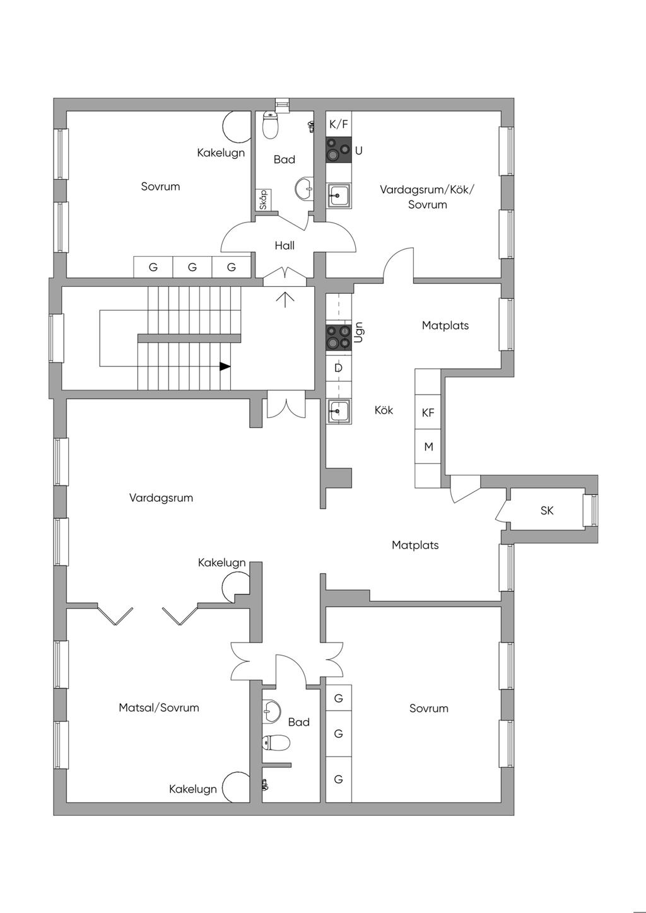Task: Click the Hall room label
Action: [285, 245]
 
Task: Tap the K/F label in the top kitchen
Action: [339, 124]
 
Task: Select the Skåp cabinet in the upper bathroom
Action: [264, 200]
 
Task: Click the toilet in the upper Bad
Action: [270, 124]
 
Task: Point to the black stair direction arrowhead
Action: [225, 366]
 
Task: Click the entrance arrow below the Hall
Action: [285, 299]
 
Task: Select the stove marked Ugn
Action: [339, 338]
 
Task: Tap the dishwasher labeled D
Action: [339, 368]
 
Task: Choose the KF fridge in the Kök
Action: [428, 412]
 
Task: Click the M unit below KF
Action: [428, 446]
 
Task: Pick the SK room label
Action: [547, 510]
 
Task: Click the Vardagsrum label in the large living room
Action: [161, 497]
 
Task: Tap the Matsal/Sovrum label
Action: [159, 707]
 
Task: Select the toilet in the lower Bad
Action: [276, 742]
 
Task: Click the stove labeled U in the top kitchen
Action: [339, 149]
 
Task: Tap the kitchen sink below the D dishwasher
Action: [339, 411]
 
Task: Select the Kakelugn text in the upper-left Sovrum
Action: [221, 153]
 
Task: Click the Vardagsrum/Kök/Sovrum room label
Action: [427, 197]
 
